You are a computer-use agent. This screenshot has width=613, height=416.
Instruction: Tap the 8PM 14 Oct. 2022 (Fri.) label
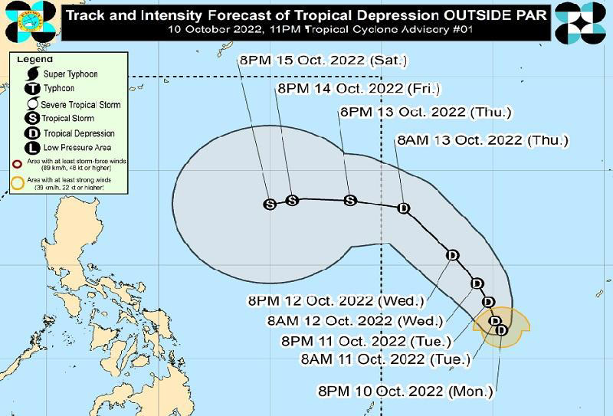(x=359, y=89)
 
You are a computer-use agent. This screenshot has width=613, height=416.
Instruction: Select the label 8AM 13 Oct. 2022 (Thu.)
(x=482, y=140)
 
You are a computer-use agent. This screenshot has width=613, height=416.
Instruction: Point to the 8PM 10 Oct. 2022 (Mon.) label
(x=405, y=391)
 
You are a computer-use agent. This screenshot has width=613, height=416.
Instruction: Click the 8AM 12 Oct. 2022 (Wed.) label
(x=353, y=320)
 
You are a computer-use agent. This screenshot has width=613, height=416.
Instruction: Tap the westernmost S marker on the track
(x=270, y=204)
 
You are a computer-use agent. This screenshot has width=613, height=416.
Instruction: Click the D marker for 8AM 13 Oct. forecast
(x=404, y=208)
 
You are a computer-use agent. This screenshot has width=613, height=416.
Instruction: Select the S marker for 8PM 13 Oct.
(x=350, y=200)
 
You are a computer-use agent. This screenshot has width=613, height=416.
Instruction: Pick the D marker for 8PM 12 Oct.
(x=452, y=255)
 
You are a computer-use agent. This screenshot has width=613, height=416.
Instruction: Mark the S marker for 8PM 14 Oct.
(x=291, y=200)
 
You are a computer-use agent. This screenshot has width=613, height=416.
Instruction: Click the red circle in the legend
(x=18, y=164)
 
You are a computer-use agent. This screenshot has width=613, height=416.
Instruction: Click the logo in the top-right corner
(x=580, y=21)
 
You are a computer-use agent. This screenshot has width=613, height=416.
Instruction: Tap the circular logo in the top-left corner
(x=28, y=21)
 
